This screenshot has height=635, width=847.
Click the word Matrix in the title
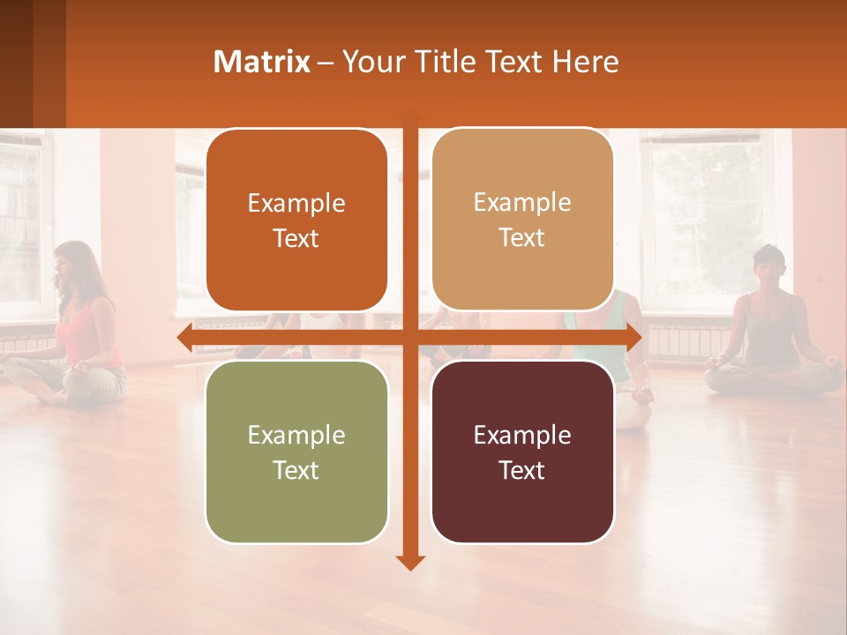click(x=261, y=61)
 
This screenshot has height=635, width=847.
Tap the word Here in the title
click(x=586, y=61)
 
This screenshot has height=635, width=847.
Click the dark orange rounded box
click(x=296, y=220)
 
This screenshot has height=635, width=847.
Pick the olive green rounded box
click(x=296, y=452)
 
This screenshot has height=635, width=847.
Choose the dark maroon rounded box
click(x=522, y=452)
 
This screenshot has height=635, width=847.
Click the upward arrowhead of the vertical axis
click(x=410, y=114)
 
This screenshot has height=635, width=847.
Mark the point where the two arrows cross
click(x=410, y=337)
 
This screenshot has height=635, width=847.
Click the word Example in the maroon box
click(x=522, y=435)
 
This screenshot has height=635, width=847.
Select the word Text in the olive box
click(x=296, y=470)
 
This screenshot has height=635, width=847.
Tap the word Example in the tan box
click(x=522, y=202)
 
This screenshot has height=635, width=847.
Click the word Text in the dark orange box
click(x=296, y=238)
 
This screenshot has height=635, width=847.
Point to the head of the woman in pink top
click(x=73, y=262)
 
